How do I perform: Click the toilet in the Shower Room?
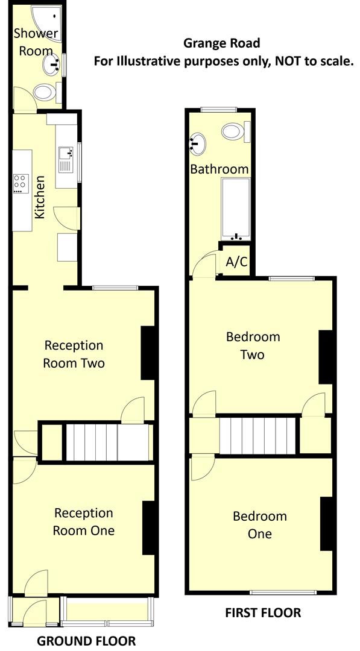pyautogui.click(x=45, y=92)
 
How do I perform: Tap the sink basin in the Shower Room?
pyautogui.click(x=51, y=62)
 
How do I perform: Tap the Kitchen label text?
pyautogui.click(x=40, y=197)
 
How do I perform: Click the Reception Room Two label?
pyautogui.click(x=74, y=354)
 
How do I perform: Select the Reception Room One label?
pyautogui.click(x=83, y=522)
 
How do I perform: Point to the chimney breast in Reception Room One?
pyautogui.click(x=150, y=527)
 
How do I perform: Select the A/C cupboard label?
pyautogui.click(x=235, y=262)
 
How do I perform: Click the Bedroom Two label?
pyautogui.click(x=253, y=345)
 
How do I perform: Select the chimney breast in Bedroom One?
pyautogui.click(x=327, y=523)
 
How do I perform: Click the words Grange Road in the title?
pyautogui.click(x=222, y=43)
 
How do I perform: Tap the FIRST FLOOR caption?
pyautogui.click(x=263, y=613)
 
